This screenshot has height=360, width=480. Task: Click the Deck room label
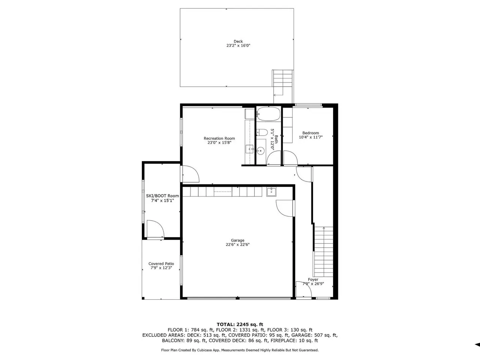238,41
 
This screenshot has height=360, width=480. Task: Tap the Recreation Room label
219,138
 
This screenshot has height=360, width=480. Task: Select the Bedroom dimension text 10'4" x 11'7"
311,137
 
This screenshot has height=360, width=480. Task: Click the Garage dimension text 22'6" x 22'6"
238,244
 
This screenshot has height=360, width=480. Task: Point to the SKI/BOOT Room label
162,196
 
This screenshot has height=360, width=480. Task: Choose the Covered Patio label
161,264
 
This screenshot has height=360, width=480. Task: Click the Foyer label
313,280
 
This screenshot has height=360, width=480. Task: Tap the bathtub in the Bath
268,114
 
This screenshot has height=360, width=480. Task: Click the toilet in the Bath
262,132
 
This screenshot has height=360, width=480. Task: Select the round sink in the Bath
261,151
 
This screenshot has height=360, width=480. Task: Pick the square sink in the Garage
271,192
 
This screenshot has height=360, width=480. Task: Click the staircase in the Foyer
323,252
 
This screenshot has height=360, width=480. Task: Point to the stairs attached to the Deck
283,86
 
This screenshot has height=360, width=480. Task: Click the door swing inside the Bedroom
290,158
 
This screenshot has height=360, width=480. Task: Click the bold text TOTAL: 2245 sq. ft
240,324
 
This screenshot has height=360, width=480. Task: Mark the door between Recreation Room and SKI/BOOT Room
190,174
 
